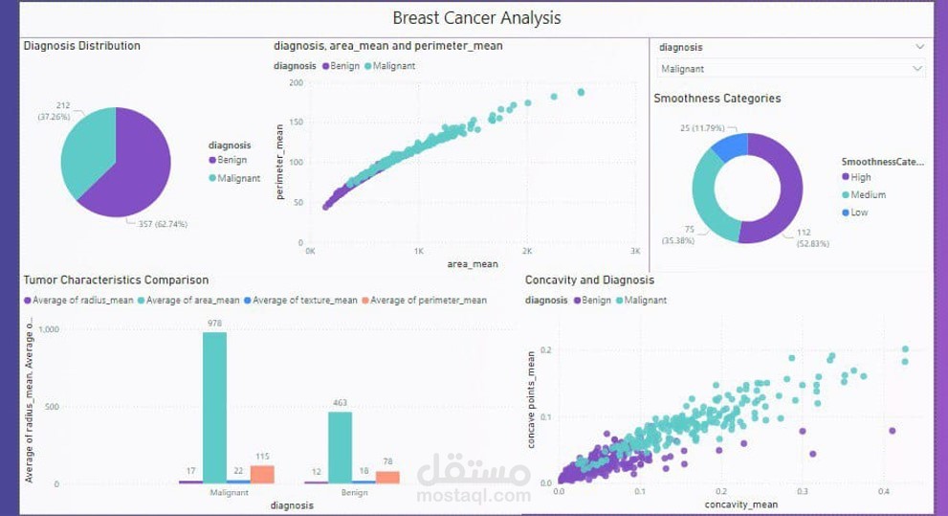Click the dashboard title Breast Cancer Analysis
(476, 17)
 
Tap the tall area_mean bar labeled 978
(214, 407)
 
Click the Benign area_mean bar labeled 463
(340, 447)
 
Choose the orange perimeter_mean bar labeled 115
(261, 474)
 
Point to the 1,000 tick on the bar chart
(47, 329)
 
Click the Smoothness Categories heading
(717, 98)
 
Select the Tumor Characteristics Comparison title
(116, 280)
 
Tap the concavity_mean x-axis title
(740, 504)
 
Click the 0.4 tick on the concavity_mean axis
(882, 490)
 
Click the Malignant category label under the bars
(231, 492)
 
